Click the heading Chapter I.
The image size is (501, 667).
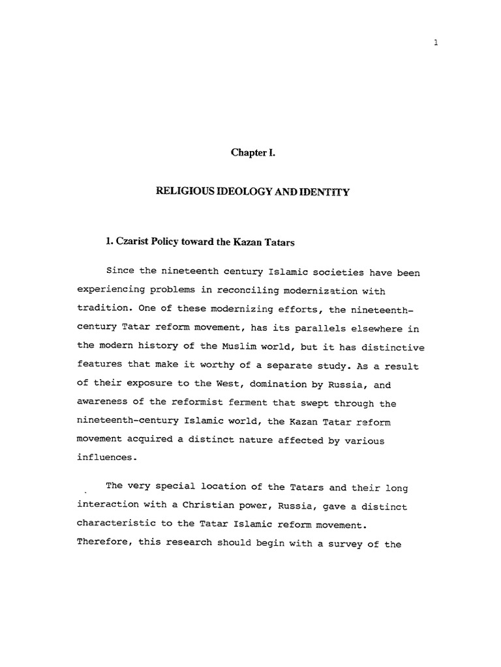coord(250,152)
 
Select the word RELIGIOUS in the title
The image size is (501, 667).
coord(179,192)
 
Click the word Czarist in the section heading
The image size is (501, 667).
coord(134,242)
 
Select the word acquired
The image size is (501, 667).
coord(151,440)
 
